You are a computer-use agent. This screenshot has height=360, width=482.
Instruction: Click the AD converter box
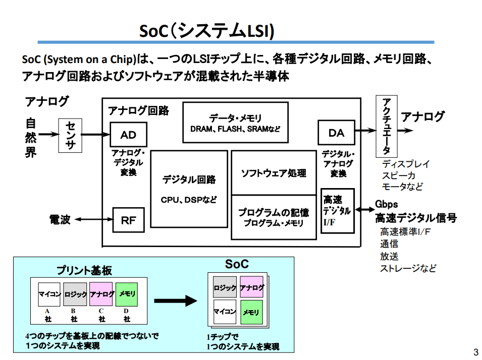[x=129, y=135]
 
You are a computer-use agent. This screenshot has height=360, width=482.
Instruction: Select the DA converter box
[x=336, y=133]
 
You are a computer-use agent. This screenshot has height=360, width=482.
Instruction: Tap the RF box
[x=128, y=220]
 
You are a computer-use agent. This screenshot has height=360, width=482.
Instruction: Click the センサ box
[x=70, y=136]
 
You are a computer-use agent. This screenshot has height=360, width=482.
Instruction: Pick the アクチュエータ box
[x=386, y=126]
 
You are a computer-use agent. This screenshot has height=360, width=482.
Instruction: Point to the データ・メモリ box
[x=235, y=123]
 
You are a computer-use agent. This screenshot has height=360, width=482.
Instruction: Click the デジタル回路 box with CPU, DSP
[x=189, y=189]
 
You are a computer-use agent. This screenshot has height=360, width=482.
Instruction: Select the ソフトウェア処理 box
[x=273, y=173]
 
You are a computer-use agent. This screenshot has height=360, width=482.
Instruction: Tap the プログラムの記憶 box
[x=273, y=217]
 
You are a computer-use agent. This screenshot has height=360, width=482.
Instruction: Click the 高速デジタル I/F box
[x=337, y=211]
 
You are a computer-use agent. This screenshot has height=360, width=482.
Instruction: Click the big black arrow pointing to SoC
[x=175, y=301]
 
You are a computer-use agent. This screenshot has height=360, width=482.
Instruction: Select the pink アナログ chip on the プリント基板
[x=102, y=294]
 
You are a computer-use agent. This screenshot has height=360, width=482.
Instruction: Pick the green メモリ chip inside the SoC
[x=251, y=313]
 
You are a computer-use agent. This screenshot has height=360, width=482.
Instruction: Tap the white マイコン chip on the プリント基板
[x=49, y=294]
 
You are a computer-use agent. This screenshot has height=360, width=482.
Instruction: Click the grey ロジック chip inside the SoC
[x=225, y=288]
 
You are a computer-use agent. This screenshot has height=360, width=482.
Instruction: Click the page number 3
[x=475, y=351]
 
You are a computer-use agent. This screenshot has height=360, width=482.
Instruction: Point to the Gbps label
[x=386, y=204]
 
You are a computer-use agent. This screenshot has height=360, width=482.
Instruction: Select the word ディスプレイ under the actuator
[x=406, y=164]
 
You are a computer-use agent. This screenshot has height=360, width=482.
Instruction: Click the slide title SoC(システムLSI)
[x=206, y=31]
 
